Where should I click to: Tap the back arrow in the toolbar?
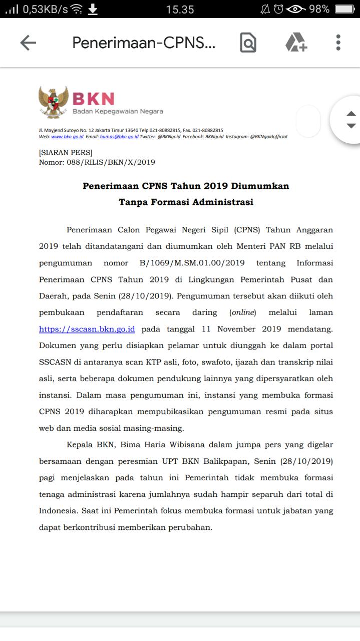tap(28, 43)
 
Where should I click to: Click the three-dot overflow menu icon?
tap(338, 43)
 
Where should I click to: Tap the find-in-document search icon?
tap(248, 43)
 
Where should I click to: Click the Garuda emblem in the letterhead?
tap(54, 102)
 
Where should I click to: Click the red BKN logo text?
tap(94, 99)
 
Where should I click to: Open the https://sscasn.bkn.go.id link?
tap(87, 329)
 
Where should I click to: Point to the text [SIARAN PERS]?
tap(66, 152)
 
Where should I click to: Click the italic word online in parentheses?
tap(243, 312)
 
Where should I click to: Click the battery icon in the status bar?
tap(344, 9)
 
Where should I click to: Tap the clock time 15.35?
tap(180, 9)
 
